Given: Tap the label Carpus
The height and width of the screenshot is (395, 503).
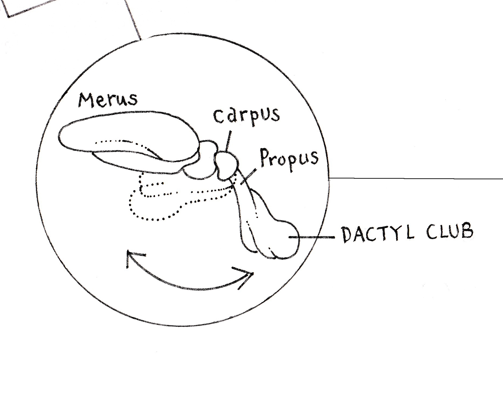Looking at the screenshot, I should (x=246, y=115).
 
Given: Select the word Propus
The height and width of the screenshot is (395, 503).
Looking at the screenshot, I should (x=289, y=160).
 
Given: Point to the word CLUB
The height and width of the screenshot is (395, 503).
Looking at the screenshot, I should (x=450, y=232).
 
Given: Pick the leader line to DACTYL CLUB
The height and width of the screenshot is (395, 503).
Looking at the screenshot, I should (x=312, y=237).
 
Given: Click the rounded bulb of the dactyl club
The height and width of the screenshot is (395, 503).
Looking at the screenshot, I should (x=285, y=239).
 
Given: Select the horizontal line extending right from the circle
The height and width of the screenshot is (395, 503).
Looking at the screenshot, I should (x=415, y=179).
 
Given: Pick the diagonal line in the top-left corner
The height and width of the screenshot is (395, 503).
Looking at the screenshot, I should (x=133, y=19).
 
